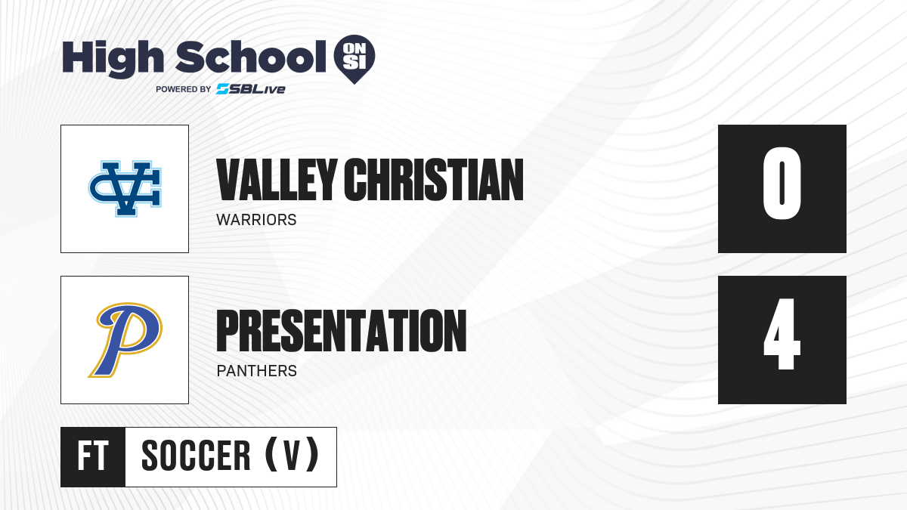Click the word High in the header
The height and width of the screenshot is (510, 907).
(x=113, y=58)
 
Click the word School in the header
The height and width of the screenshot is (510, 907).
(x=251, y=57)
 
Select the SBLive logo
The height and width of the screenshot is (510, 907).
(x=251, y=89)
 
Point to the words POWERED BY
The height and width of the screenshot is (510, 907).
(x=184, y=89)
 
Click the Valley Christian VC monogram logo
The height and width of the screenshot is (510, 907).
(x=125, y=189)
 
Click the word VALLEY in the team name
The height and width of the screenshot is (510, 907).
(x=277, y=180)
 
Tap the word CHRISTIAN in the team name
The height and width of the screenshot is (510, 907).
(x=434, y=180)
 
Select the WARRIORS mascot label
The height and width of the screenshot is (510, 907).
(x=256, y=220)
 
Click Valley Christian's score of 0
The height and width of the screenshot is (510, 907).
(x=782, y=184)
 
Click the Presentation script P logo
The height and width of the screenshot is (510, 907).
(x=125, y=340)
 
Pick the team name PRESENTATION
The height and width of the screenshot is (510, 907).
(x=342, y=331)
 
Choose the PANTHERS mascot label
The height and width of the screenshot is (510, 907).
(x=257, y=371)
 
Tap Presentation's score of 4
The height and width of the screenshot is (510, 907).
(x=782, y=334)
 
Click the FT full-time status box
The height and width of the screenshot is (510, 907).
(x=93, y=457)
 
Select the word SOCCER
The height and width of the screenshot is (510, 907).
(x=196, y=456)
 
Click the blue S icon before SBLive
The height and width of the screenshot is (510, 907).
(x=223, y=89)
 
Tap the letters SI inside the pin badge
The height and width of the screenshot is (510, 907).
(x=354, y=62)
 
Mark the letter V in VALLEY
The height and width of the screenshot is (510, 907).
(x=228, y=180)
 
